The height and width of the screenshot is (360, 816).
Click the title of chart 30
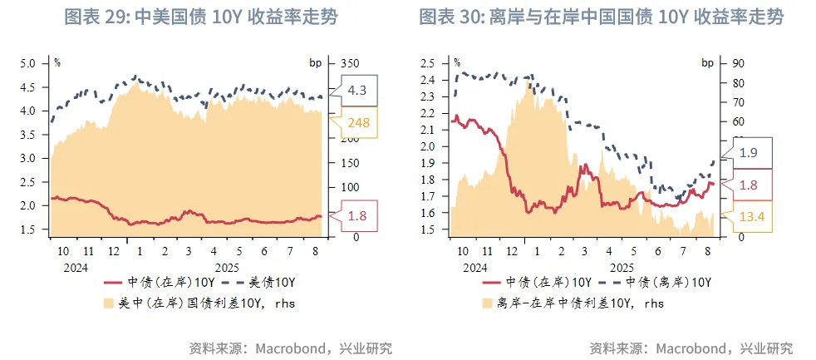pyautogui.click(x=601, y=17)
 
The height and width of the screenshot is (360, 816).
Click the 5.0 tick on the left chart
pyautogui.click(x=28, y=63)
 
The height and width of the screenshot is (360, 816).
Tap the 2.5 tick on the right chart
pyautogui.click(x=428, y=63)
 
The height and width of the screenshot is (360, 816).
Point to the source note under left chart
pyautogui.click(x=291, y=348)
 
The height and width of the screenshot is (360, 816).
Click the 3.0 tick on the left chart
pyautogui.click(x=28, y=158)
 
